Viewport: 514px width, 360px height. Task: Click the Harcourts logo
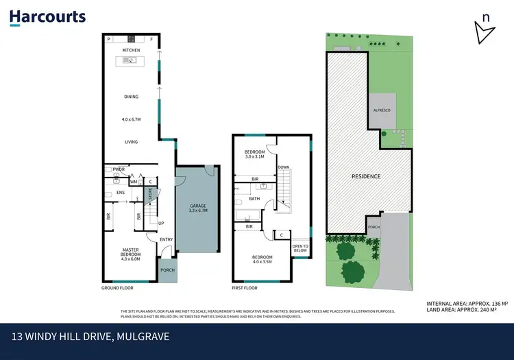click(x=47, y=17)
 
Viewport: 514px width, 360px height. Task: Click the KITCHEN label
click(x=131, y=50)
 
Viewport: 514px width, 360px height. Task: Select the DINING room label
click(x=131, y=97)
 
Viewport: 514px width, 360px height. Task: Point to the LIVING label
click(x=131, y=142)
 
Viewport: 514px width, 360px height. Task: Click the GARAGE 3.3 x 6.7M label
click(x=197, y=208)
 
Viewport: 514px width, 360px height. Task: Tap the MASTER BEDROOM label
click(x=131, y=254)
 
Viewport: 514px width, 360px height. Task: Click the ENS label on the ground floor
click(x=120, y=193)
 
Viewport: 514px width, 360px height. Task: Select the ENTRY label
click(x=167, y=239)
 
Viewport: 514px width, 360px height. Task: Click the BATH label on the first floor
click(x=254, y=199)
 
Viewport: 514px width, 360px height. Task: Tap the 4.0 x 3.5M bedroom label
click(x=262, y=260)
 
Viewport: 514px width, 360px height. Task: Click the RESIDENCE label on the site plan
click(x=366, y=176)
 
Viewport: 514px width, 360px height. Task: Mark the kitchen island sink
click(x=130, y=61)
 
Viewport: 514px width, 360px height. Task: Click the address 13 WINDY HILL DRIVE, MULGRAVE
click(x=90, y=337)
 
